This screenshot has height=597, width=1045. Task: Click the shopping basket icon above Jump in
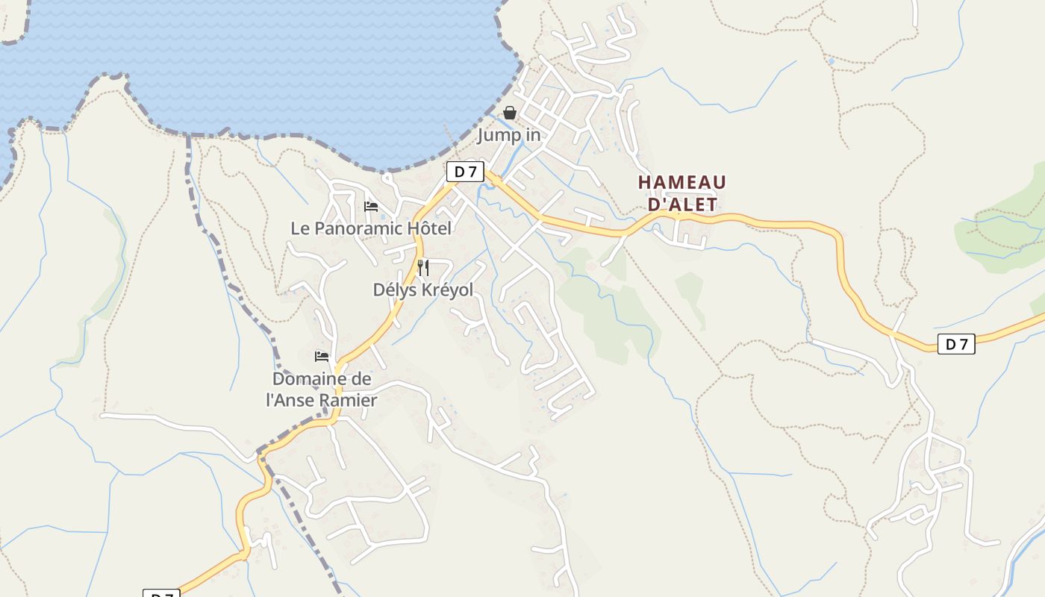tap(510, 113)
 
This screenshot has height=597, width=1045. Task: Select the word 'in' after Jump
tap(533, 135)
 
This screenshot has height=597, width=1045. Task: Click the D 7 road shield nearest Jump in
tap(466, 172)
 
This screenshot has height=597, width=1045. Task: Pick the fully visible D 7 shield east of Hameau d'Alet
tap(956, 344)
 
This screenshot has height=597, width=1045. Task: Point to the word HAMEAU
tap(681, 183)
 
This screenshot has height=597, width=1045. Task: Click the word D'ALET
tap(681, 204)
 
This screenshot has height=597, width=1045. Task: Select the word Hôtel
tap(431, 228)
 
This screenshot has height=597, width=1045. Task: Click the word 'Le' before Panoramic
tap(300, 228)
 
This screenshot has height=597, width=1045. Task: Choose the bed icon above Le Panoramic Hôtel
tap(371, 207)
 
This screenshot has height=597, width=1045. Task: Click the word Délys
tap(396, 290)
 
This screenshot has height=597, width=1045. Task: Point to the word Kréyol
tap(448, 290)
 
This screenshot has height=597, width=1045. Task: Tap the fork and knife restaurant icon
tap(423, 268)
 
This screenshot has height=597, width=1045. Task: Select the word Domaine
tap(313, 379)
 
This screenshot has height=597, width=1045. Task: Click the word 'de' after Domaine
tap(363, 379)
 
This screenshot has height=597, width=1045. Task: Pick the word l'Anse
tap(290, 400)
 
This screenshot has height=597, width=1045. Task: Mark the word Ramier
tap(349, 400)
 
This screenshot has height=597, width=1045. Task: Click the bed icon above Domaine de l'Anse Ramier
tap(322, 357)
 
